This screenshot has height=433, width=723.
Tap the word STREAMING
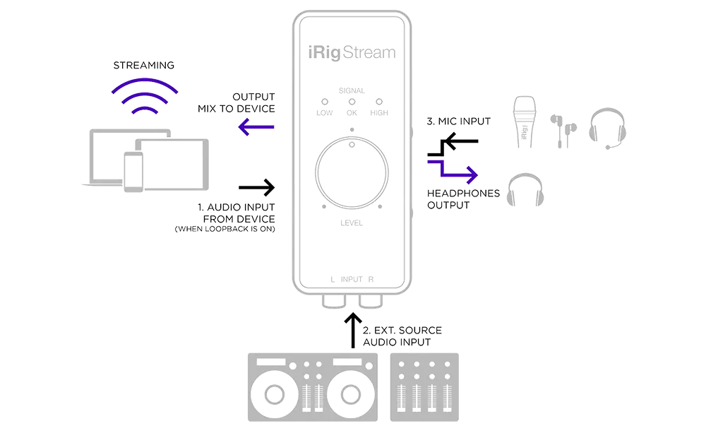click(144, 66)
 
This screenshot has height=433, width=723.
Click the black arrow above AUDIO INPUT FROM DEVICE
click(256, 187)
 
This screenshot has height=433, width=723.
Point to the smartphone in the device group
click(134, 173)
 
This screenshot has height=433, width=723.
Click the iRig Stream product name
click(351, 53)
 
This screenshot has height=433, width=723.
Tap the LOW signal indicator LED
click(323, 101)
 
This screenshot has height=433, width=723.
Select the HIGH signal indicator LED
click(378, 101)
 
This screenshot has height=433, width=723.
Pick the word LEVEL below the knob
click(351, 223)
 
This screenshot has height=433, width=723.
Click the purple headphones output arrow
click(452, 170)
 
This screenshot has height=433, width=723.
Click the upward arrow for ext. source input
click(352, 331)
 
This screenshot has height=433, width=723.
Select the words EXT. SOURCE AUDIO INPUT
click(402, 336)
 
